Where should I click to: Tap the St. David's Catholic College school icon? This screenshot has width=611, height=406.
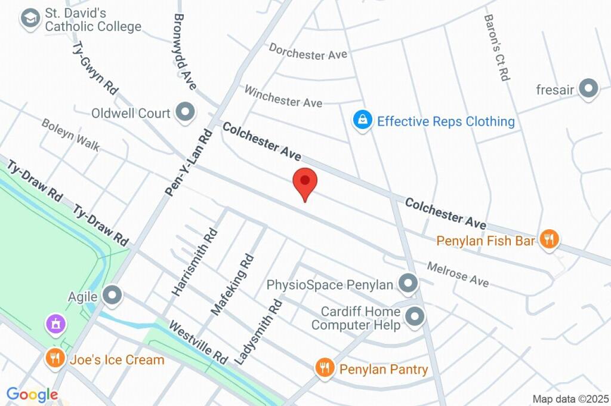29,19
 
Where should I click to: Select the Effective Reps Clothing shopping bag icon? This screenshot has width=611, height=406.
362,121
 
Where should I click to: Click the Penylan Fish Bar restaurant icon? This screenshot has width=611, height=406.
548,240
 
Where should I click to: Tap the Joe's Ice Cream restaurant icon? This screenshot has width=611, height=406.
55,358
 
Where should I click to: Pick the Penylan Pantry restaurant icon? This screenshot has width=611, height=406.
325,368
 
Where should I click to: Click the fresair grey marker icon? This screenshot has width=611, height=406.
589,90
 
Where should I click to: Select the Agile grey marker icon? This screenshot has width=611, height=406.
112,295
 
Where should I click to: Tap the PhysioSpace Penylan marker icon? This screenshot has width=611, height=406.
408,284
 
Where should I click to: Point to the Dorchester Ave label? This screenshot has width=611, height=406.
308,51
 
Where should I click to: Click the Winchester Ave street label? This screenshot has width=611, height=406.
283,97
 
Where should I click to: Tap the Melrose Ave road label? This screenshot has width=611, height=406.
458,273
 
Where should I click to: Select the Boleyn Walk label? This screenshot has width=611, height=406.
70,134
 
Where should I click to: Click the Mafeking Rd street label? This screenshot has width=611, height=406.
233,284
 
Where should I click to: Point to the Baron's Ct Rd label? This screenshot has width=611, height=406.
496,48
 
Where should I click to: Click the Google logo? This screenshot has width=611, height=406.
32,394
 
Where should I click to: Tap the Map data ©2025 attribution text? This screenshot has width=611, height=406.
570,399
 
